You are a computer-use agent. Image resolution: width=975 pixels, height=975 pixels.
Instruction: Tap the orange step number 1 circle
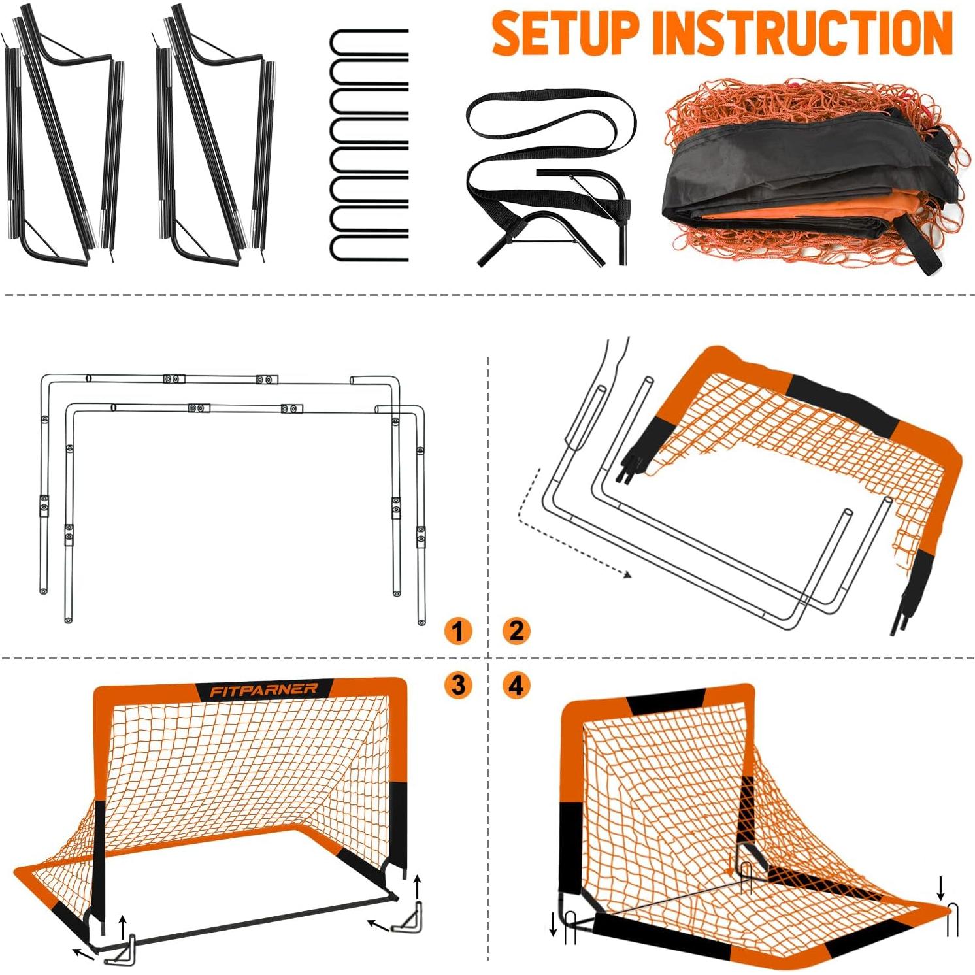pyautogui.click(x=458, y=631)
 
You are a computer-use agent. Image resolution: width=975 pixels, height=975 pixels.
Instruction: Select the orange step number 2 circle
pyautogui.click(x=516, y=631)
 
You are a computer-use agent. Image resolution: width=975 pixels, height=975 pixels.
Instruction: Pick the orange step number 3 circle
pyautogui.click(x=458, y=685)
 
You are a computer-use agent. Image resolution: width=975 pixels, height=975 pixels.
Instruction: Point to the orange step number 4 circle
pyautogui.click(x=516, y=685)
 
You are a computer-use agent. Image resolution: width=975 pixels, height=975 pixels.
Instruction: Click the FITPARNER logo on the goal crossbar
pyautogui.click(x=263, y=690)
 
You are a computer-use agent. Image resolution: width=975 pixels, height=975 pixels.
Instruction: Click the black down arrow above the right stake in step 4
pyautogui.click(x=940, y=887)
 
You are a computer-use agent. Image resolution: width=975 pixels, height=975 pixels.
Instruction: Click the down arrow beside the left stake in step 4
pyautogui.click(x=553, y=923)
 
